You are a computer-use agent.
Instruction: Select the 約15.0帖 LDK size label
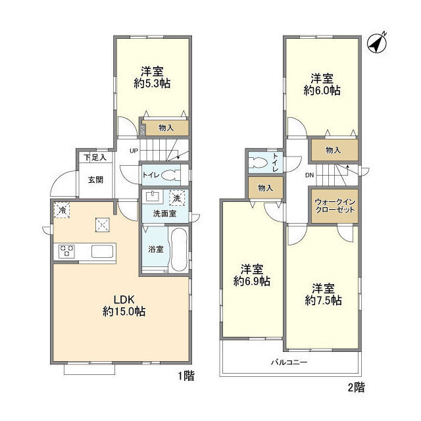point(123,311)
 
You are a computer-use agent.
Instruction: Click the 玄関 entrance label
point(95,180)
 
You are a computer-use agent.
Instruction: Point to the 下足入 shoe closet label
point(95,157)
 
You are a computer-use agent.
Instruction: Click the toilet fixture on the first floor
point(169,175)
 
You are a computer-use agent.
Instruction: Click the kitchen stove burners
point(67,251)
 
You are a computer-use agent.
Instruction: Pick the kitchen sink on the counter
point(103,251)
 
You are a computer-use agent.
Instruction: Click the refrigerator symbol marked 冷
point(61,210)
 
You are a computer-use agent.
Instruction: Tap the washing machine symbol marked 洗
point(176,197)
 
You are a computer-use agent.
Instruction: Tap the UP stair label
point(134,151)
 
